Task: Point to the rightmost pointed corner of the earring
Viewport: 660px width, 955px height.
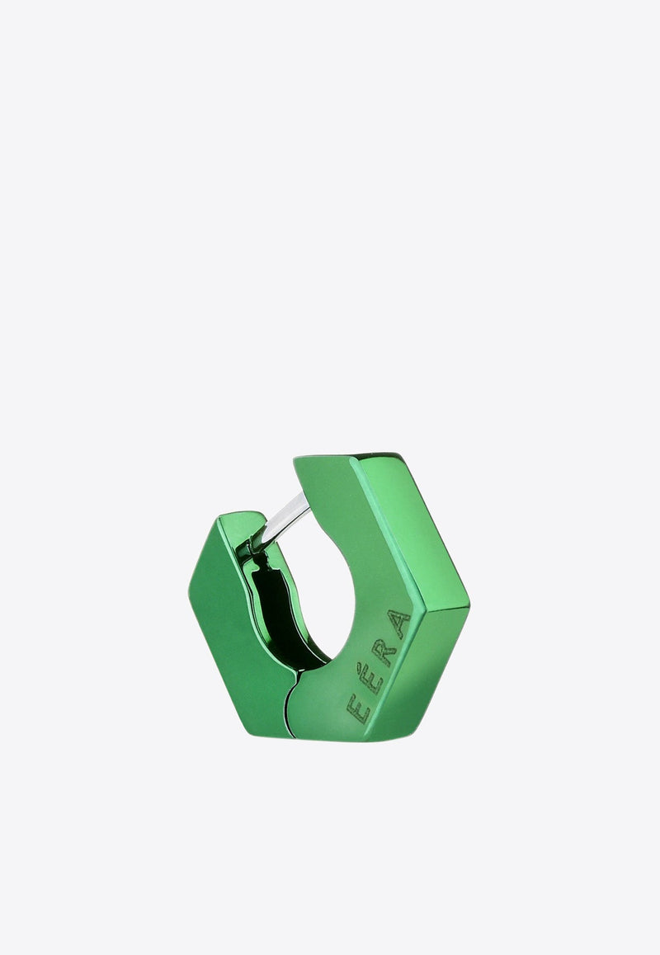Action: pyautogui.click(x=469, y=609)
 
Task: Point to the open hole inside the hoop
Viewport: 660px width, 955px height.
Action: pyautogui.click(x=326, y=594)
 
